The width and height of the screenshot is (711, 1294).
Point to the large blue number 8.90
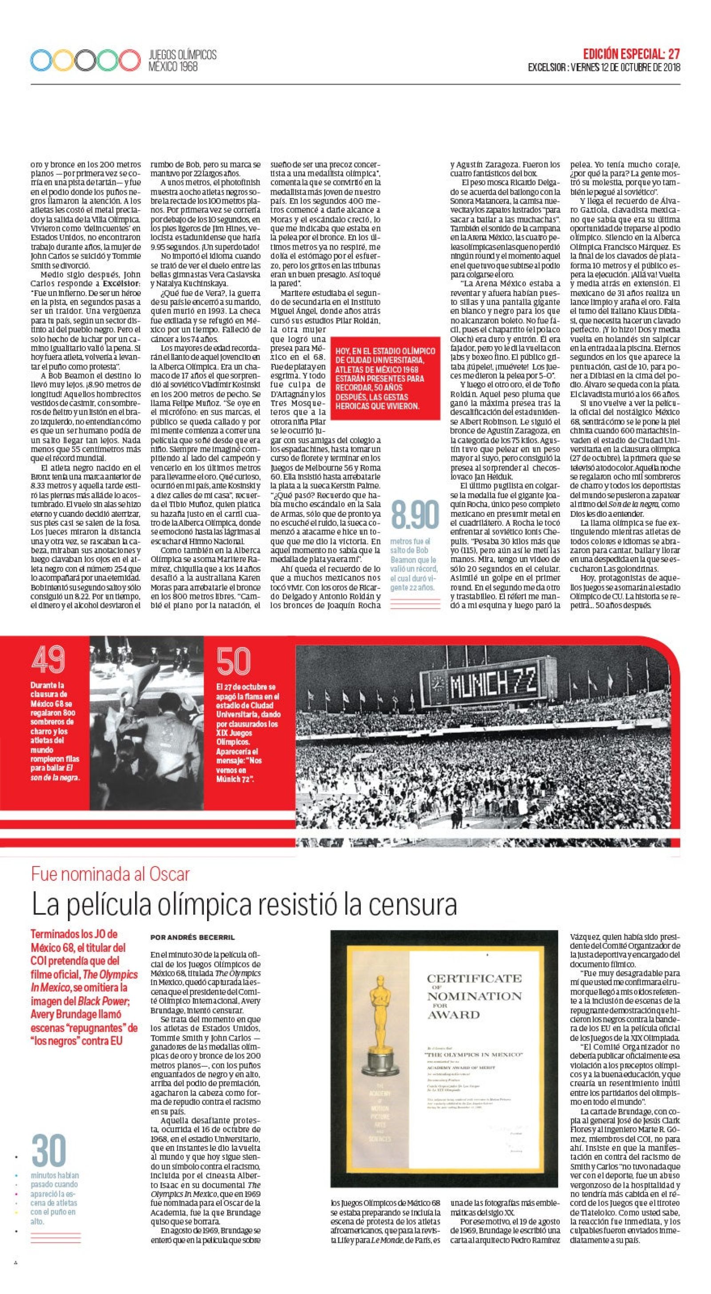pyautogui.click(x=415, y=515)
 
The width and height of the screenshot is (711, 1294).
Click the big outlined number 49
pyautogui.click(x=49, y=659)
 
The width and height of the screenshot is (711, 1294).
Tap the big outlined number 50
pyautogui.click(x=233, y=662)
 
